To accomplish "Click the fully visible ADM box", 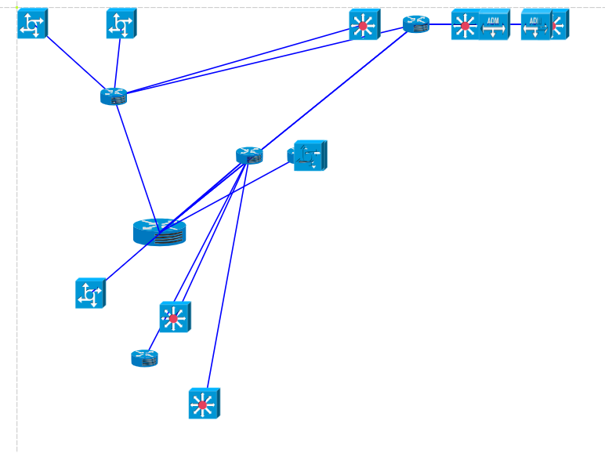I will tap(495, 24).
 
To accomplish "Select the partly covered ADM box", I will tap(534, 24).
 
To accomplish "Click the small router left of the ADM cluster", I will tap(416, 24).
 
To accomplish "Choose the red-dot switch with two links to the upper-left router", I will tap(364, 24).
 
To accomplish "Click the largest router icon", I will tap(159, 231).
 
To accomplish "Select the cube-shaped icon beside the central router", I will tap(310, 155).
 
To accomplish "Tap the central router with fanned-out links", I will tap(249, 155).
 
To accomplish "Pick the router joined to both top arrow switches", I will tap(114, 96).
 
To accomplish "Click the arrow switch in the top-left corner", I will tap(33, 24).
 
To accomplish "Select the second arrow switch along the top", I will tap(121, 24).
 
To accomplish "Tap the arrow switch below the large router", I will tap(90, 293).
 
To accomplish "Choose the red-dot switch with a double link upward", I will tap(174, 317).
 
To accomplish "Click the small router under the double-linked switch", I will tap(144, 358).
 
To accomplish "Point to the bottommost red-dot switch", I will tap(204, 404).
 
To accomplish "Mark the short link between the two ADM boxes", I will tap(516, 24).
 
